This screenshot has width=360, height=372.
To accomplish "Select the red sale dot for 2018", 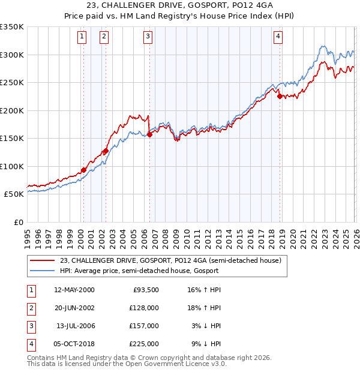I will [x=280, y=96].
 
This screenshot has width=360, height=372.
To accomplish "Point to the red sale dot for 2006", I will [x=150, y=134].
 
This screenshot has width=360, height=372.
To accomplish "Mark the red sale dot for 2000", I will [x=83, y=170].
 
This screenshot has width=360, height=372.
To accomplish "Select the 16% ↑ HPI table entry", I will [x=205, y=290].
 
